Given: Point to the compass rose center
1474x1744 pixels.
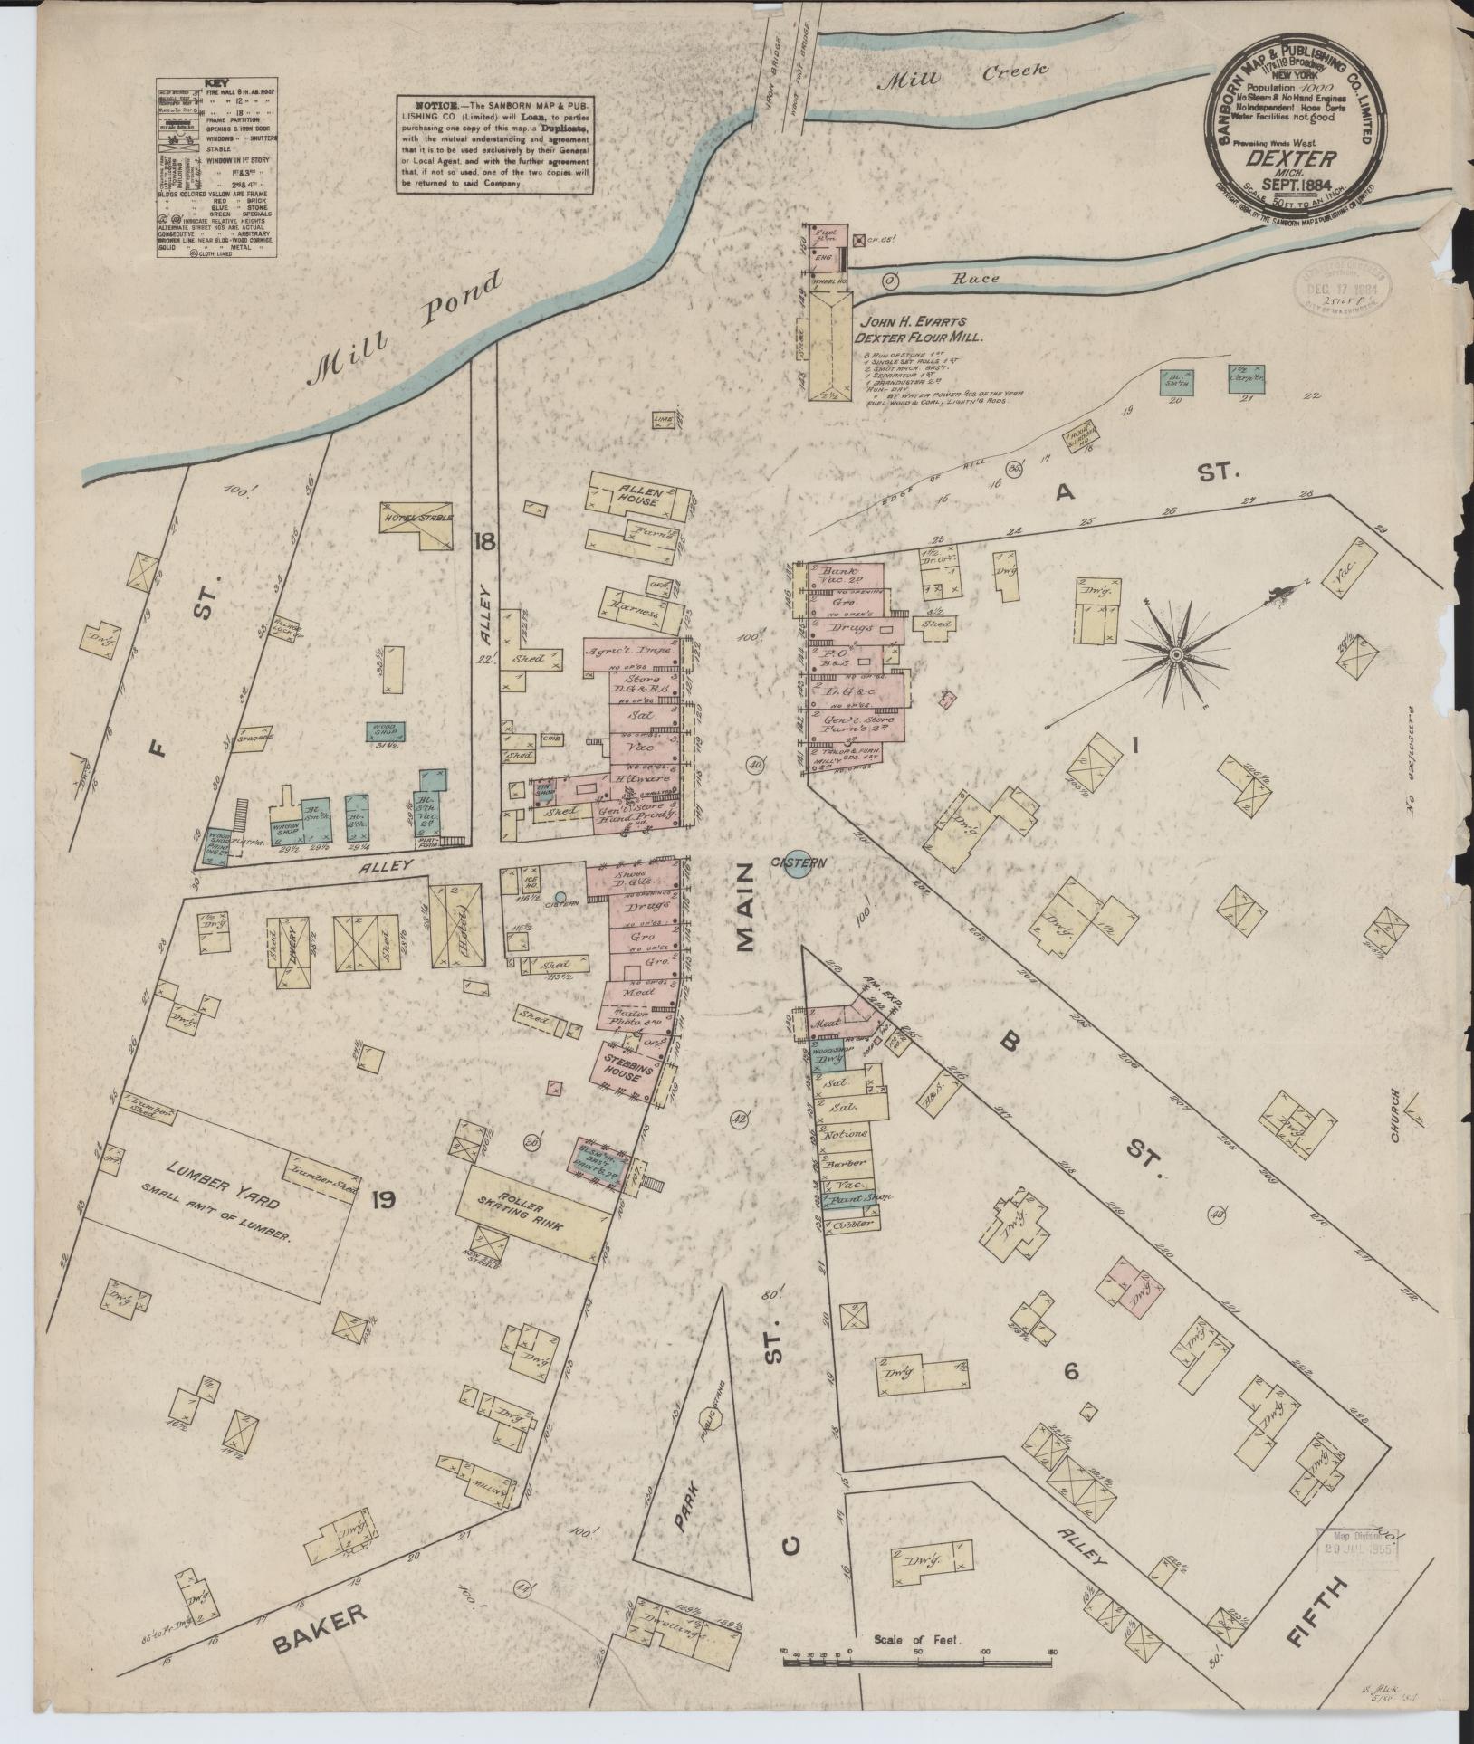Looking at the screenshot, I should pos(1175,653).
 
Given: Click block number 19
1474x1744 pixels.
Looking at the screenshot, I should pos(383,1201).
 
